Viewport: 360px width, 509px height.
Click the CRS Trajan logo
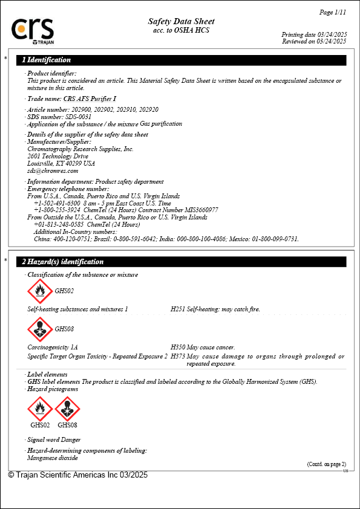[33, 31]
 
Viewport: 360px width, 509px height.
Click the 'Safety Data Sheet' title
[181, 22]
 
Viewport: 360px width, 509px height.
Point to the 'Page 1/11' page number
[332, 12]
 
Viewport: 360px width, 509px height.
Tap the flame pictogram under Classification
[40, 291]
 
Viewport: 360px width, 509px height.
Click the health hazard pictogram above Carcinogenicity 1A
[40, 329]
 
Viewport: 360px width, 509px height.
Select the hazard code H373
[178, 357]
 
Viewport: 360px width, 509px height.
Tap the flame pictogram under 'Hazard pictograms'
[40, 409]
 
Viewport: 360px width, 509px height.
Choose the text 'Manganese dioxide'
[53, 458]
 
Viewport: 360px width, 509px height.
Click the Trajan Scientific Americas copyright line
[77, 475]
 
